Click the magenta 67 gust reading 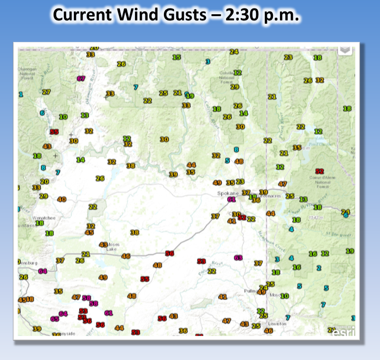(x=81, y=79)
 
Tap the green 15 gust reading (x=177, y=57)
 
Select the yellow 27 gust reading (x=46, y=92)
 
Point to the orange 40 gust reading (x=62, y=200)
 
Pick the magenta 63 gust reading (x=238, y=258)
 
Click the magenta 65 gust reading (x=55, y=319)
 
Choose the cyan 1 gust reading (x=20, y=94)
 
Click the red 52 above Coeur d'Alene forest (x=319, y=171)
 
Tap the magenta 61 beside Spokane (x=231, y=200)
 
